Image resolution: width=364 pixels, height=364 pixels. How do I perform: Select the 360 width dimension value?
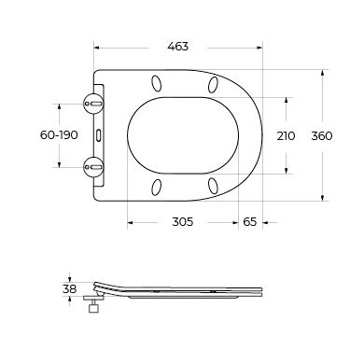[322, 135]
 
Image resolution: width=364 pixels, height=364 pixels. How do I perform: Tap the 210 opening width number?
[287, 135]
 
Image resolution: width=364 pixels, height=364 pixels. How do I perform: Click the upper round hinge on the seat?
[93, 104]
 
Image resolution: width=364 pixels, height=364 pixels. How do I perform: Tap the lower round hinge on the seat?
[93, 167]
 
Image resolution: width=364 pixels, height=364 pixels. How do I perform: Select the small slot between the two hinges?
[99, 135]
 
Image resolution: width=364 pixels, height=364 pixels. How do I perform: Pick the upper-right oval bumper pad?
[215, 85]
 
